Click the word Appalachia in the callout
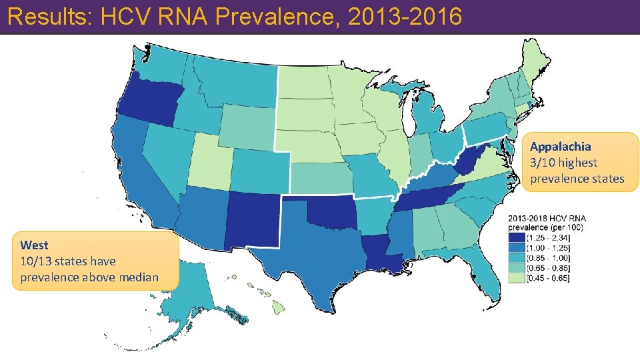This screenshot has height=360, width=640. pyautogui.click(x=561, y=147)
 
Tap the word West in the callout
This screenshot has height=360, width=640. pyautogui.click(x=34, y=245)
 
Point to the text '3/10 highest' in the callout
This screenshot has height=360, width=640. pyautogui.click(x=564, y=163)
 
